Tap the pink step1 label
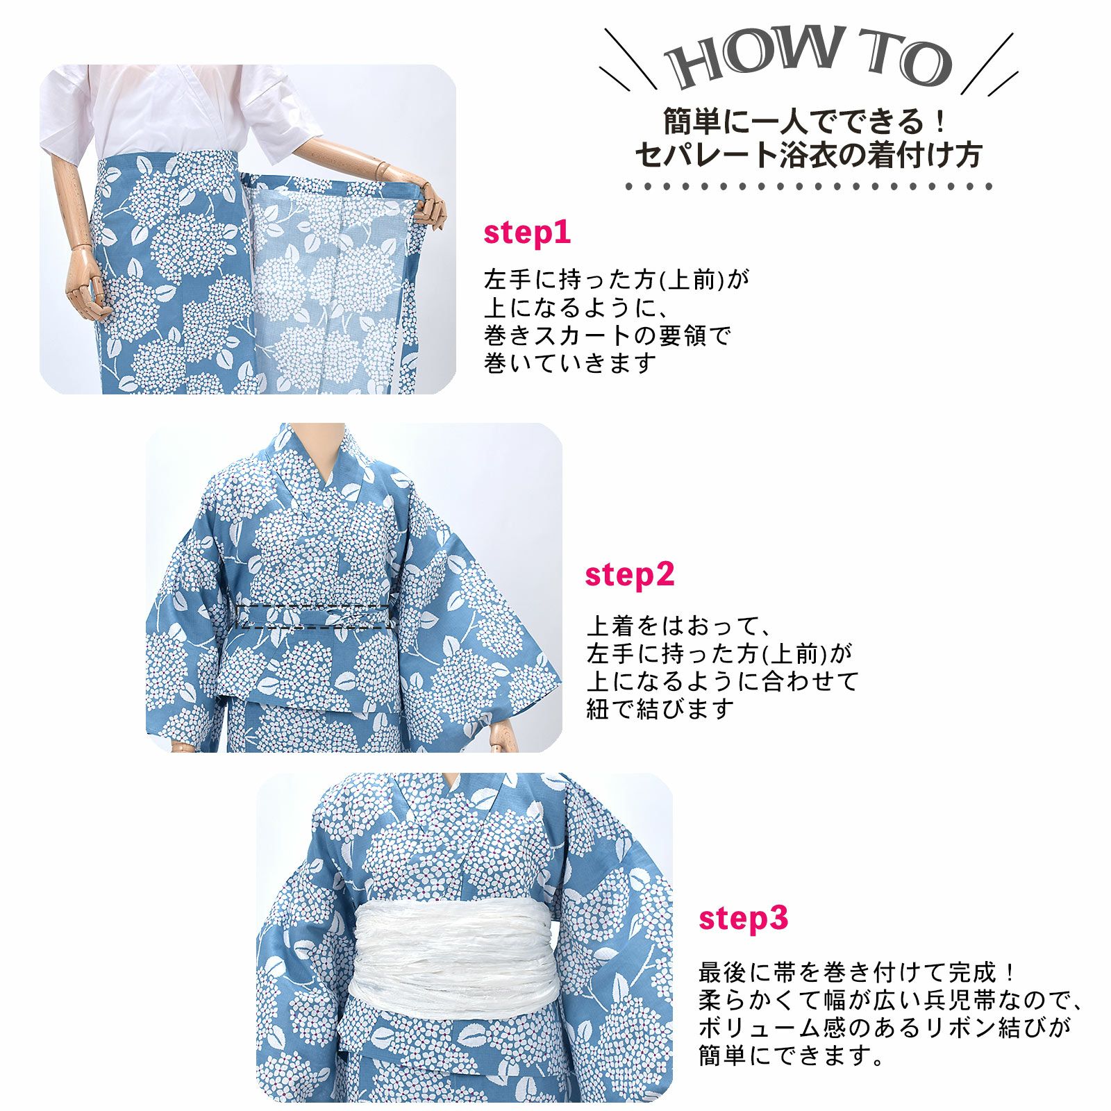(x=527, y=233)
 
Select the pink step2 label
(x=629, y=576)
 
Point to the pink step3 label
(x=743, y=919)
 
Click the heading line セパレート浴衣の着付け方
(x=808, y=154)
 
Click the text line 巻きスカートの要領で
(x=608, y=335)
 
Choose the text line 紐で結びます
(x=660, y=709)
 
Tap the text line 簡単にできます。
(x=792, y=1055)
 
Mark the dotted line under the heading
(x=809, y=186)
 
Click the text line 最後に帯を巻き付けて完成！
(x=858, y=972)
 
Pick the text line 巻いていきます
(x=570, y=363)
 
